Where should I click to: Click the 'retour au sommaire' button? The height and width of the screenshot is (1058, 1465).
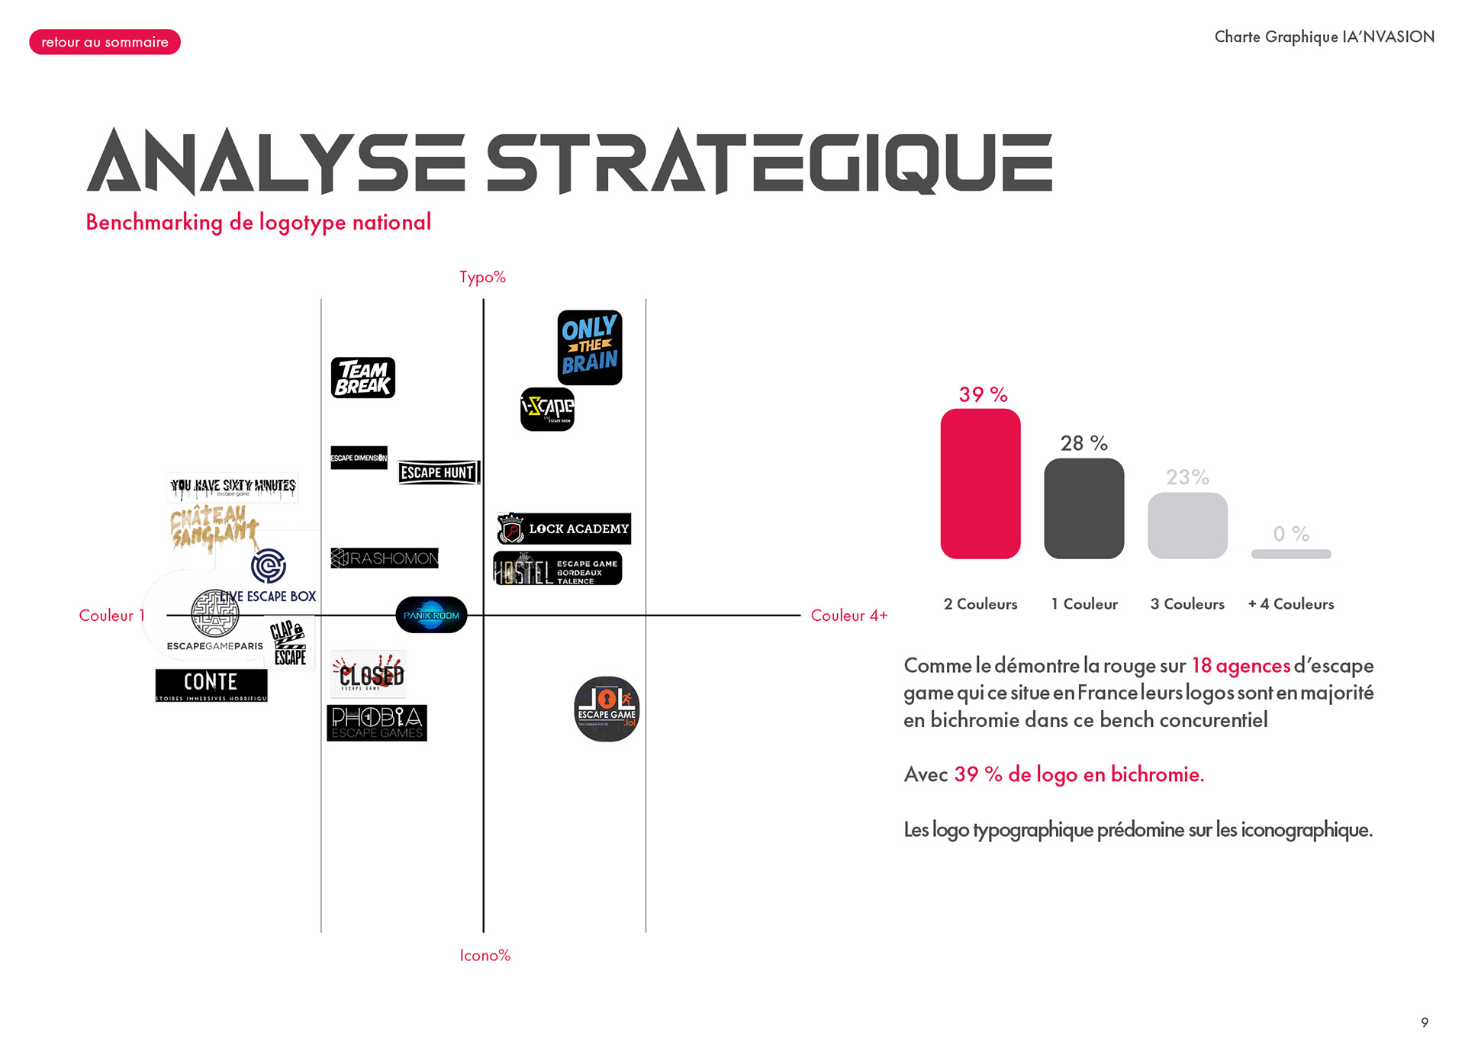pyautogui.click(x=105, y=42)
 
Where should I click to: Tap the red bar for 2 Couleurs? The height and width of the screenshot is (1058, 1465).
pyautogui.click(x=980, y=484)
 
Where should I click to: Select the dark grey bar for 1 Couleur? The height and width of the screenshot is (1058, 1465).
pyautogui.click(x=1083, y=508)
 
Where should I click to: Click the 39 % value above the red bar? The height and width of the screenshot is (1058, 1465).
pyautogui.click(x=983, y=394)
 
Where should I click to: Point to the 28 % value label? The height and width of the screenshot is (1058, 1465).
pyautogui.click(x=1083, y=443)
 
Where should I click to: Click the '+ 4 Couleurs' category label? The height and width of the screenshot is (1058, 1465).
pyautogui.click(x=1291, y=604)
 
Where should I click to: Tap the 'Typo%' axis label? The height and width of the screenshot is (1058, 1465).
pyautogui.click(x=482, y=277)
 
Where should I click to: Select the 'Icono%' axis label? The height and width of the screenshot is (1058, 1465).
pyautogui.click(x=485, y=955)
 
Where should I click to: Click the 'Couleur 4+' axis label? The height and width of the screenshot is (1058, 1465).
pyautogui.click(x=848, y=616)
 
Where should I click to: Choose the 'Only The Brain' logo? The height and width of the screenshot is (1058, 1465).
pyautogui.click(x=589, y=347)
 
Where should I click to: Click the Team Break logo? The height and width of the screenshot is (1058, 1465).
pyautogui.click(x=363, y=378)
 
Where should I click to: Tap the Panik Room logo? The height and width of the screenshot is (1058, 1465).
pyautogui.click(x=431, y=615)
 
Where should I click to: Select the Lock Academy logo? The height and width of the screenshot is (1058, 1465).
pyautogui.click(x=564, y=529)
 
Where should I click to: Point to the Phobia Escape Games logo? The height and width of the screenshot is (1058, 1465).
pyautogui.click(x=377, y=723)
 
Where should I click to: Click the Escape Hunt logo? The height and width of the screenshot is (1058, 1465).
pyautogui.click(x=439, y=473)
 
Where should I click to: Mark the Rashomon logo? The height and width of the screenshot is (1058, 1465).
pyautogui.click(x=385, y=558)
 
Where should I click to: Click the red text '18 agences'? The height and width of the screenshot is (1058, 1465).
pyautogui.click(x=1241, y=666)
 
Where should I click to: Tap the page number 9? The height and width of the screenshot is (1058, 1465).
pyautogui.click(x=1425, y=1022)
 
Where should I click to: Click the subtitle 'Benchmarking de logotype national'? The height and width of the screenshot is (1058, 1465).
pyautogui.click(x=258, y=222)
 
